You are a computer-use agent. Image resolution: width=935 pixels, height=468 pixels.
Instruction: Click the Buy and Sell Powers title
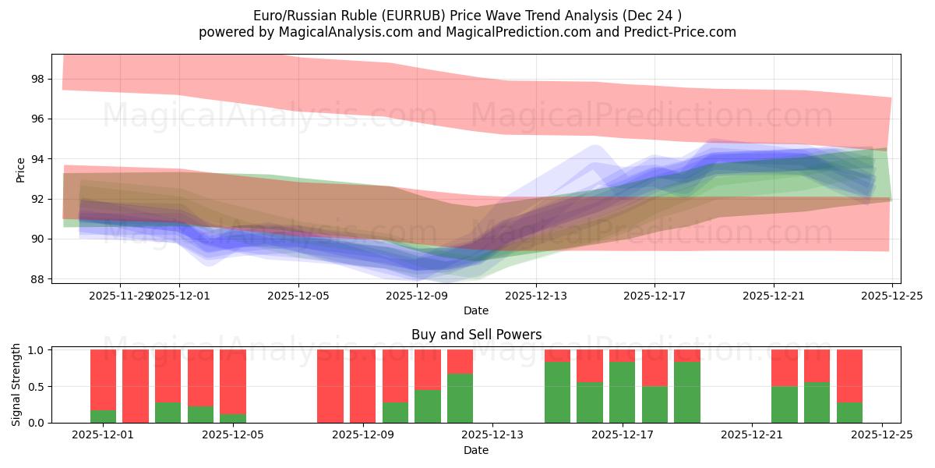coord(476,335)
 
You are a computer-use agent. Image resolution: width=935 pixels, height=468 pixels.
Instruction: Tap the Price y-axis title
coord(20,169)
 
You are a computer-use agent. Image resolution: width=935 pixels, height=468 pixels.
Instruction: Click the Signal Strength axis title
coord(16,385)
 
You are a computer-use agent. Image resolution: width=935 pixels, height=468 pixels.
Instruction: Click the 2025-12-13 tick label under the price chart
coord(537,296)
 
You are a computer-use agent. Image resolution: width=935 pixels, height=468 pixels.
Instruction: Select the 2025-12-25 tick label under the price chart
coord(892,296)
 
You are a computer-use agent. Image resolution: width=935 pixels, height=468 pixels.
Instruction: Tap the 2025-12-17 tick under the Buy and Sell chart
coord(622,435)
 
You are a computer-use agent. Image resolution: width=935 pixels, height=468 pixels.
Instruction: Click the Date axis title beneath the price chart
coord(476,310)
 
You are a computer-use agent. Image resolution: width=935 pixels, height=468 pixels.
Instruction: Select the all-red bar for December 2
coord(136,386)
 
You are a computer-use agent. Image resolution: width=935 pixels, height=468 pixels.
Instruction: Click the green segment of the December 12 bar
coord(460,399)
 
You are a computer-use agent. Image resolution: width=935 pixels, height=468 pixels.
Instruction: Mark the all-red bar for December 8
coord(330,386)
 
